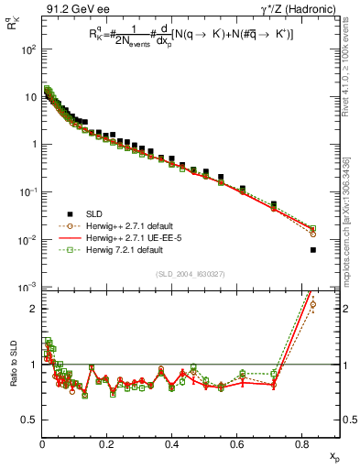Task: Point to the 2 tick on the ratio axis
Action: tap(33, 309)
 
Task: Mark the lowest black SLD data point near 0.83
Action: tap(313, 250)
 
